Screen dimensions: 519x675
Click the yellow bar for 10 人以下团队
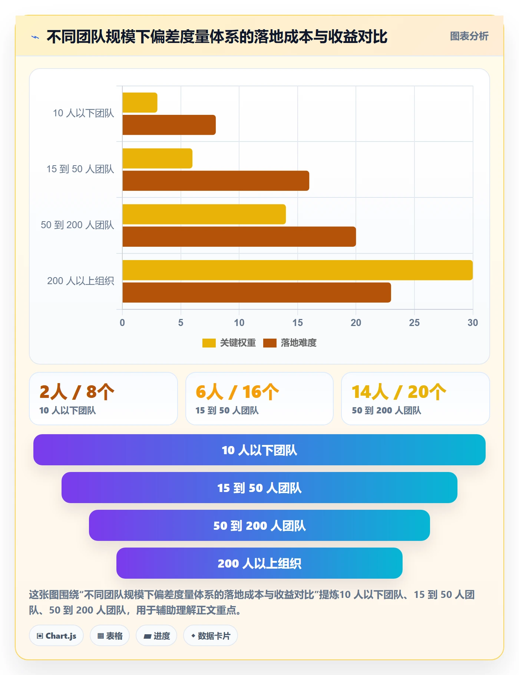(x=140, y=103)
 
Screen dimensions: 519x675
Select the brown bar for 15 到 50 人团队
(x=216, y=181)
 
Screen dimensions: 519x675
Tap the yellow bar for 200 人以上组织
(x=297, y=270)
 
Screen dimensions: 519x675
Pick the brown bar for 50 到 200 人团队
(x=239, y=237)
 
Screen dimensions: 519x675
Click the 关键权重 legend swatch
(x=209, y=343)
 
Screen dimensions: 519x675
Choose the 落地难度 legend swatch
(x=270, y=343)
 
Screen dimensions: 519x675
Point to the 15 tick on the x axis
(x=297, y=323)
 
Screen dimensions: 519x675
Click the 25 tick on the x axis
(x=414, y=323)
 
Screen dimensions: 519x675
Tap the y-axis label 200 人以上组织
(x=80, y=281)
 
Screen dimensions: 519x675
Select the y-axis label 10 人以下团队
(x=83, y=113)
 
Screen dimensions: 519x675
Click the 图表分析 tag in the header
(x=469, y=36)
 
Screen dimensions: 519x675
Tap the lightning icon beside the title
(x=35, y=37)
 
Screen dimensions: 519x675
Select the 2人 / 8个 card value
(x=77, y=392)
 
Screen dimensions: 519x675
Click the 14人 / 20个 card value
(x=399, y=392)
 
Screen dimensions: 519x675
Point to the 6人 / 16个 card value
(x=237, y=392)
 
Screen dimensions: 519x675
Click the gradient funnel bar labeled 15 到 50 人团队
(x=259, y=488)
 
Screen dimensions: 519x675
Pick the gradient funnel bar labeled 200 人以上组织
(x=259, y=563)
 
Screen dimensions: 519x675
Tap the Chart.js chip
(x=56, y=636)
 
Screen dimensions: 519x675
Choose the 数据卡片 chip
(x=211, y=636)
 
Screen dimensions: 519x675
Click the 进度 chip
(x=156, y=636)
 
